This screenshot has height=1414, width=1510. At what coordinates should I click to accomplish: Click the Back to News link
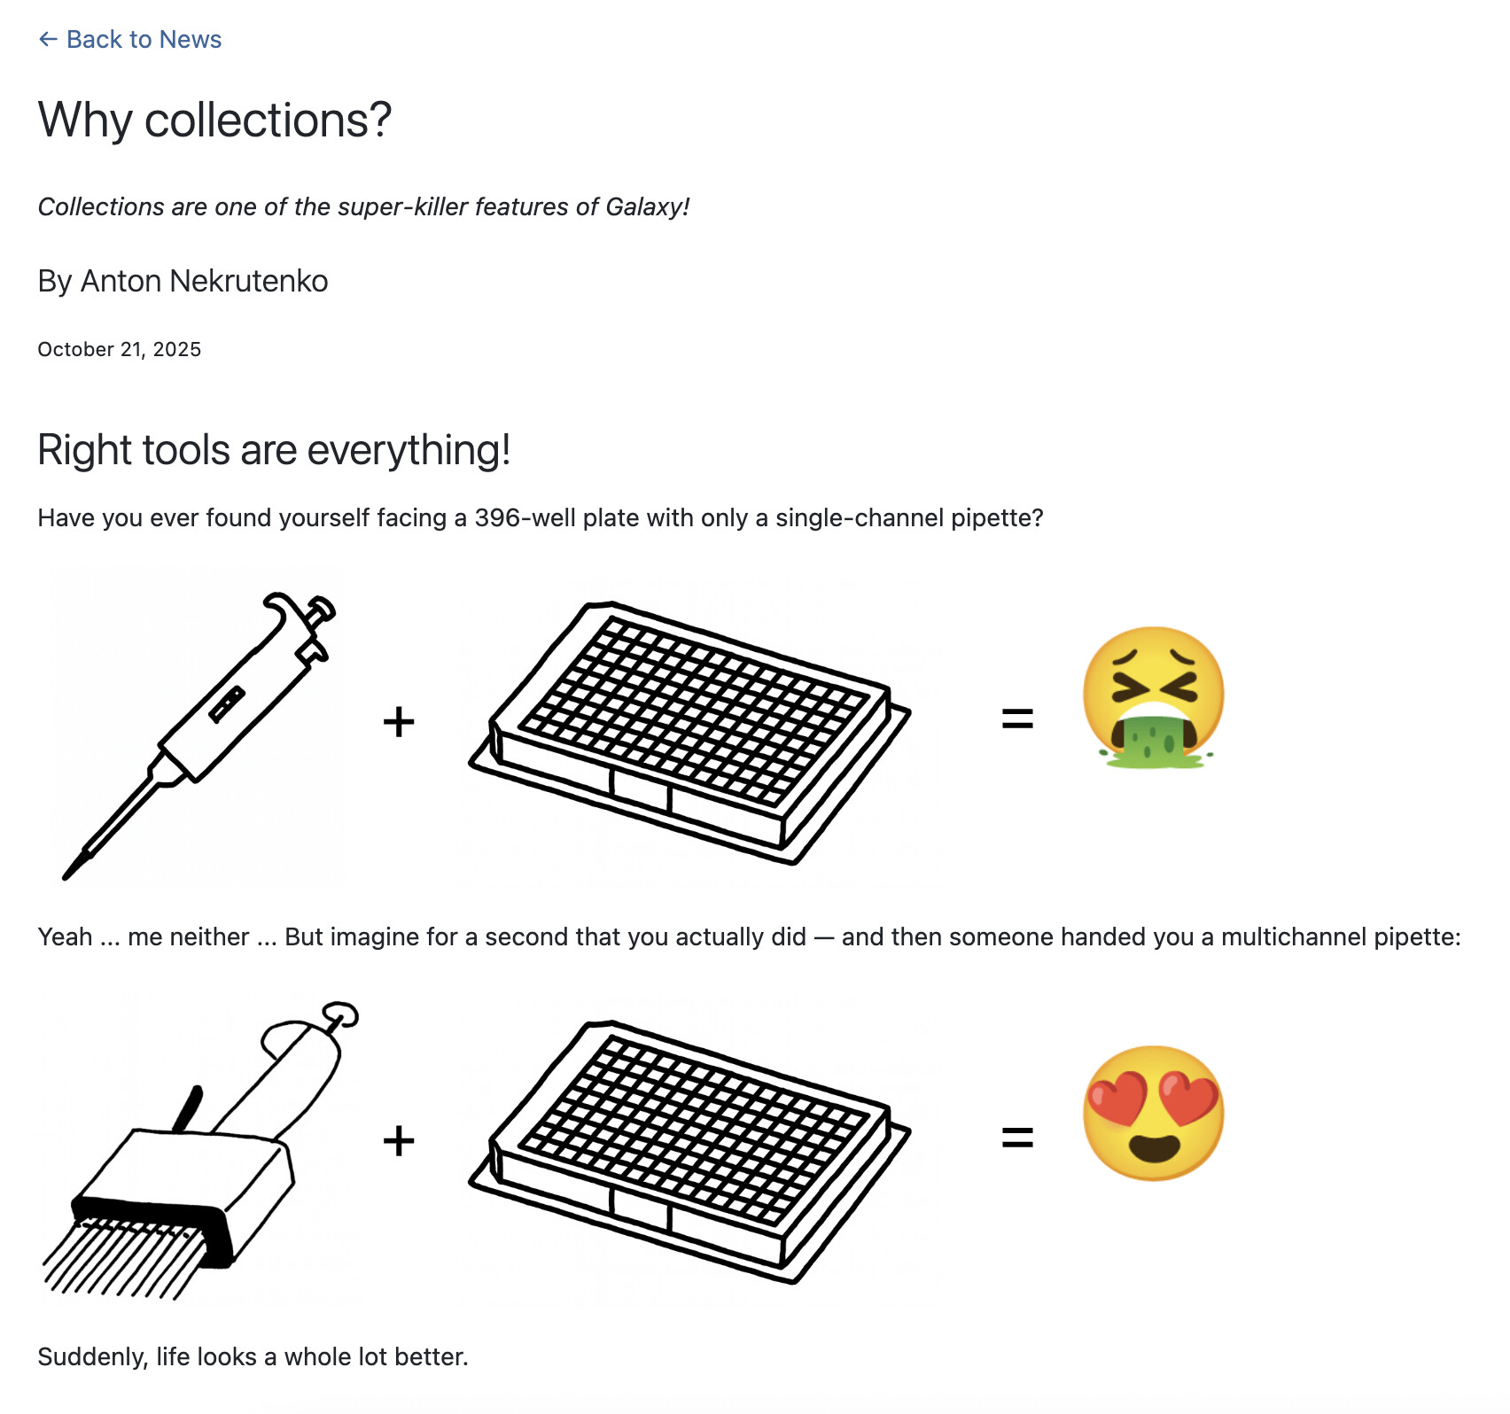coord(129,39)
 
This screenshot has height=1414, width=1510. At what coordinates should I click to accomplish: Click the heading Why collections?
coord(214,120)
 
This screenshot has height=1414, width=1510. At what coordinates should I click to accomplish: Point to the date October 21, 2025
coord(120,349)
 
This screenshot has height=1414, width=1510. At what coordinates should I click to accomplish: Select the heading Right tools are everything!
coord(274,450)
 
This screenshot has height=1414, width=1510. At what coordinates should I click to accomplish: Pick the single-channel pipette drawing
coord(199,734)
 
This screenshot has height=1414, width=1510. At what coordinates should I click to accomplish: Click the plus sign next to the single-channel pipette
coord(399,721)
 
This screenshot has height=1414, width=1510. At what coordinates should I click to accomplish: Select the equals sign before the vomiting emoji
coord(1017,719)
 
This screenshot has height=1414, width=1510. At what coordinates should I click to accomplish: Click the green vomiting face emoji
coord(1154,697)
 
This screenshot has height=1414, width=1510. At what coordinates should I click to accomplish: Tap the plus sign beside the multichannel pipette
coord(399,1140)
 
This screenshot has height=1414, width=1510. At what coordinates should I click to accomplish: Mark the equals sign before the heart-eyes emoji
coord(1017,1137)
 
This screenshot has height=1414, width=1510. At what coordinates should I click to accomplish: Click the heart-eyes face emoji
coord(1154,1113)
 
